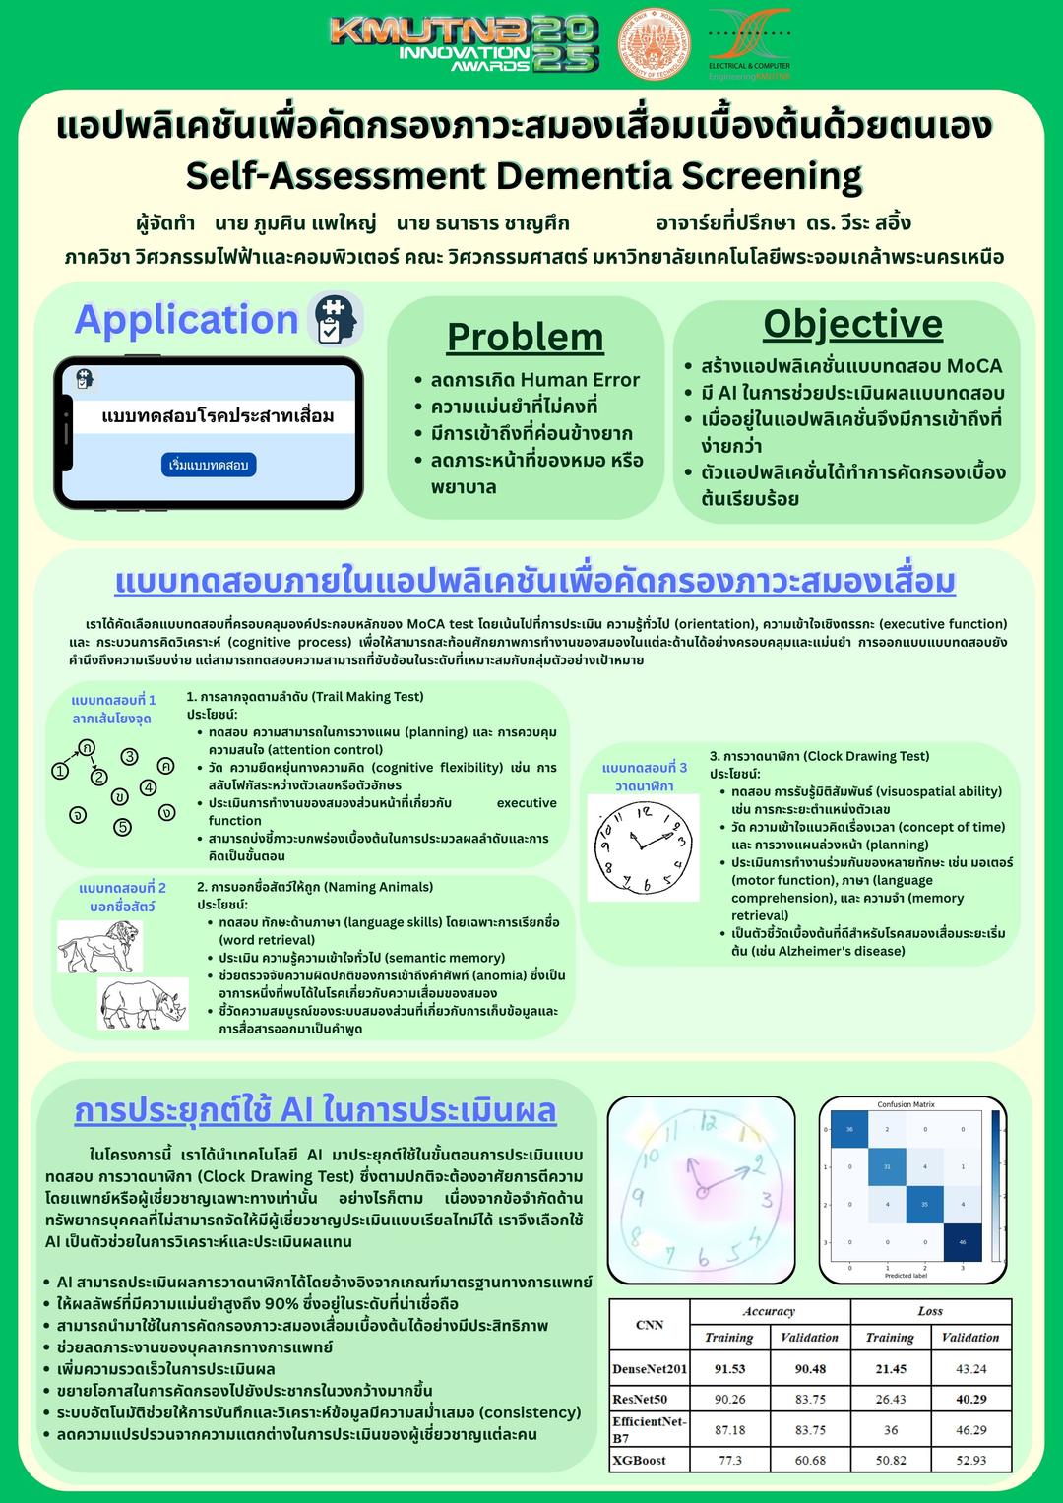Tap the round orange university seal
pyautogui.click(x=654, y=44)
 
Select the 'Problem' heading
pyautogui.click(x=525, y=337)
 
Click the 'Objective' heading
pyautogui.click(x=852, y=323)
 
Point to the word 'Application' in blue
pyautogui.click(x=186, y=320)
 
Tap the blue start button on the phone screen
pyautogui.click(x=209, y=465)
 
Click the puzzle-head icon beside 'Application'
pyautogui.click(x=335, y=319)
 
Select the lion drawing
pyautogui.click(x=99, y=946)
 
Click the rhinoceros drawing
pyautogui.click(x=144, y=1003)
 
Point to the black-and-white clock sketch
pyautogui.click(x=643, y=846)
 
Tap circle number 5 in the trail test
pyautogui.click(x=123, y=827)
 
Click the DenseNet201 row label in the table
pyautogui.click(x=650, y=1369)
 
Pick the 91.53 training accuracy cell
pyautogui.click(x=729, y=1369)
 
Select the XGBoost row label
pyautogui.click(x=640, y=1460)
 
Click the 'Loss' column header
pyautogui.click(x=930, y=1311)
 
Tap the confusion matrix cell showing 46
pyautogui.click(x=963, y=1242)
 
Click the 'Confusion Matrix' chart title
pyautogui.click(x=906, y=1104)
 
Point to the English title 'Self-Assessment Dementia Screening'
pyautogui.click(x=524, y=176)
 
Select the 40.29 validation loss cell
pyautogui.click(x=970, y=1399)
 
